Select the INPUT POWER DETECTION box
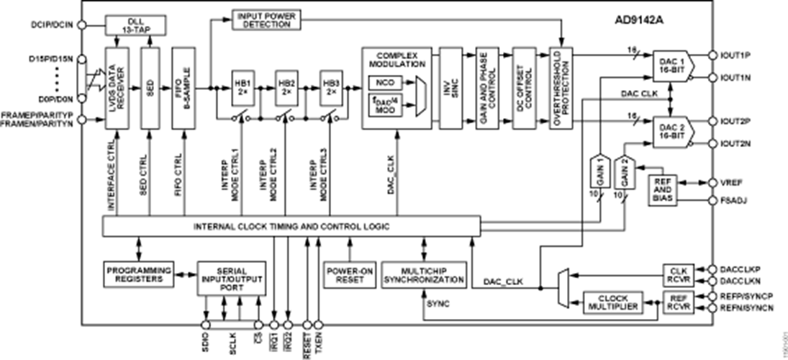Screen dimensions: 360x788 click(x=264, y=19)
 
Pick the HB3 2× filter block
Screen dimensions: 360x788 click(x=331, y=88)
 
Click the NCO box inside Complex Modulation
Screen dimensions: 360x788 click(x=381, y=84)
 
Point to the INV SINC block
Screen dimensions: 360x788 click(x=450, y=88)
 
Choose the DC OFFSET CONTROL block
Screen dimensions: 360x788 click(x=523, y=88)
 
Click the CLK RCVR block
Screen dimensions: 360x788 click(x=677, y=274)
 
